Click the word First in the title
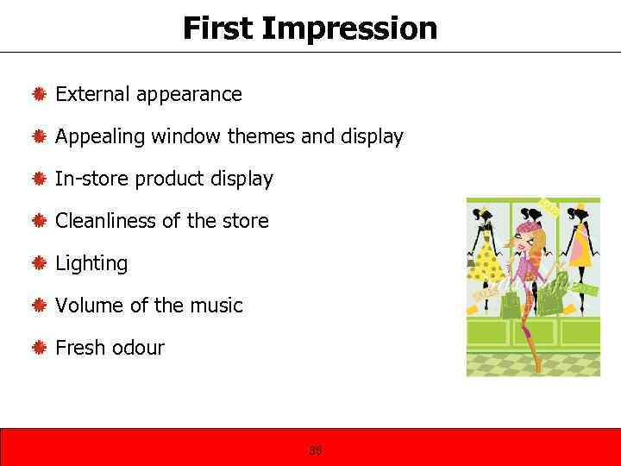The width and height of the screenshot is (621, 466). pos(217,28)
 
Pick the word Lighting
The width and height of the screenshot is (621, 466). pos(91,263)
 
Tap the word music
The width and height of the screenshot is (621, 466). pos(216,305)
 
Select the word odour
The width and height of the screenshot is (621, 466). pos(136,348)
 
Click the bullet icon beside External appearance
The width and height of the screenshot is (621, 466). pos(39,95)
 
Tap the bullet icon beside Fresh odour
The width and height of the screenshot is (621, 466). pos(39,349)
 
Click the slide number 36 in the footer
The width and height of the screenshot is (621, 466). pos(314,450)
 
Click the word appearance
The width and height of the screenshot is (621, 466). pos(189,94)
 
